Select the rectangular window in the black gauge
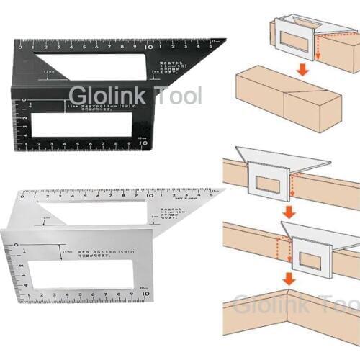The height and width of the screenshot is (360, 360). pyautogui.click(x=82, y=126)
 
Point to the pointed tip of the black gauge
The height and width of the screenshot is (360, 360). pyautogui.click(x=224, y=42)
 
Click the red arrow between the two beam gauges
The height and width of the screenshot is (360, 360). pyautogui.click(x=288, y=212)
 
